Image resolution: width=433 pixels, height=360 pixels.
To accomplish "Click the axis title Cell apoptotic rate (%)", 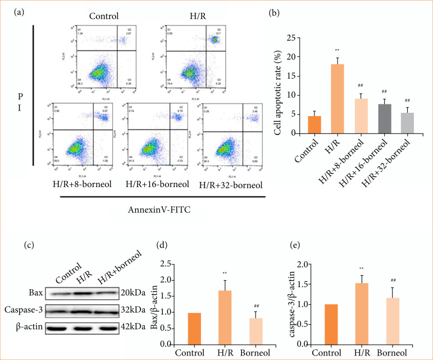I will point(277,85).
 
